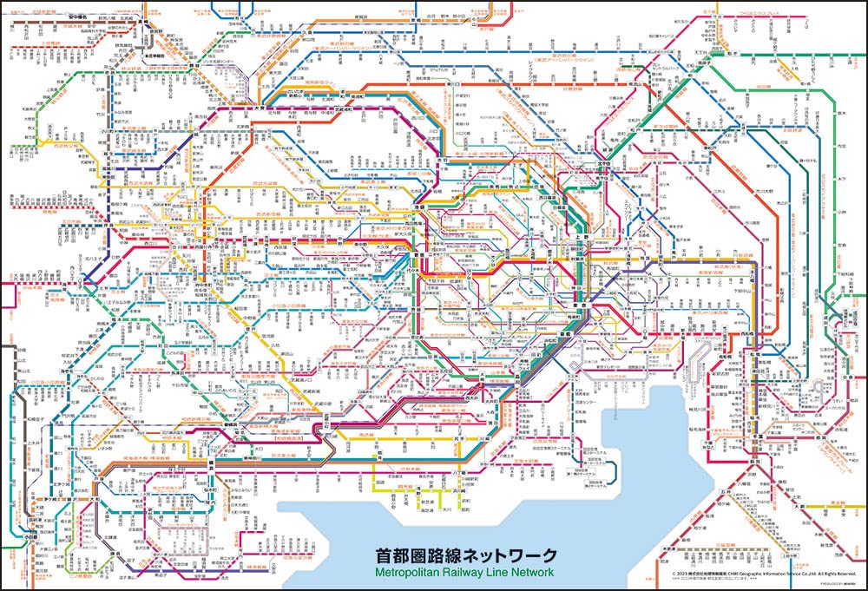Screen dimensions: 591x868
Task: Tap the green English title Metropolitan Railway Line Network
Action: coord(465,572)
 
